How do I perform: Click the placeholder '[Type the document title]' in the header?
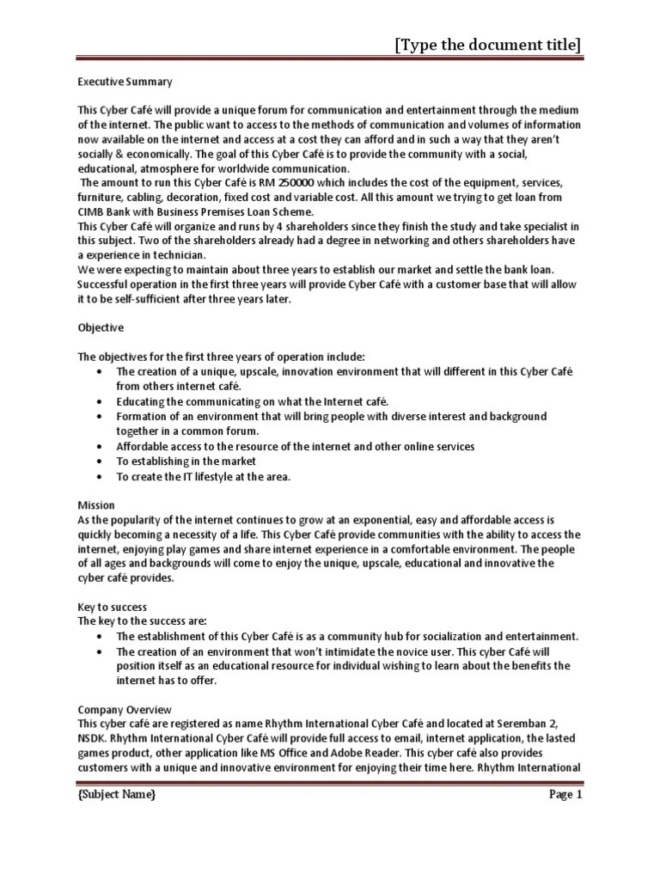(x=487, y=44)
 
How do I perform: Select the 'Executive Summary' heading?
(x=125, y=82)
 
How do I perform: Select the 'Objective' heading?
(x=101, y=327)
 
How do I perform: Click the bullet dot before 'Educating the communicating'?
(x=101, y=401)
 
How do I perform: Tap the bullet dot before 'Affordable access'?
(x=101, y=447)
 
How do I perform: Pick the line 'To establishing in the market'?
(x=186, y=461)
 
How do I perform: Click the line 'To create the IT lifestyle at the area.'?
(x=204, y=476)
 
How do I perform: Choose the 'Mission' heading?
(x=96, y=505)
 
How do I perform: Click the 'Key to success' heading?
(x=113, y=607)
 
